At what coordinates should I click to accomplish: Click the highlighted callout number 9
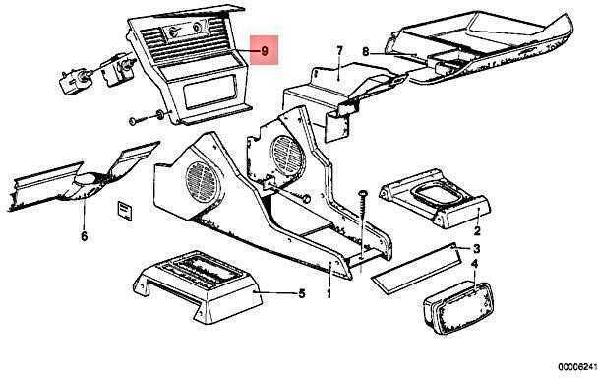pos(265,50)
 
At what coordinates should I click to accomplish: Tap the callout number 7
pos(339,50)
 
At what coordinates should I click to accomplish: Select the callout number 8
pos(365,51)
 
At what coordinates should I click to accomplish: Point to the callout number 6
pos(84,236)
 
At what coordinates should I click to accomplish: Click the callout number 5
pos(302,293)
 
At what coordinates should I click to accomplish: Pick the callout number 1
pos(329,294)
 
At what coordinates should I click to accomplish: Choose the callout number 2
pos(477,231)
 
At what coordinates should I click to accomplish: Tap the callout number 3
pos(476,249)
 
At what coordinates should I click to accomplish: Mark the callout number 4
pos(475,264)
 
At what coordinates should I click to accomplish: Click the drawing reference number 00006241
pos(577,368)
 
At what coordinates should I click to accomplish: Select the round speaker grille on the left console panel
pos(204,182)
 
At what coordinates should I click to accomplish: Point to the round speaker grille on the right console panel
pos(288,156)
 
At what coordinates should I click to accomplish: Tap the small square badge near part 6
pos(124,210)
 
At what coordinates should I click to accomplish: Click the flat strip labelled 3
pos(416,269)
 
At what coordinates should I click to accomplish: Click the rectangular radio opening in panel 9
pos(209,92)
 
